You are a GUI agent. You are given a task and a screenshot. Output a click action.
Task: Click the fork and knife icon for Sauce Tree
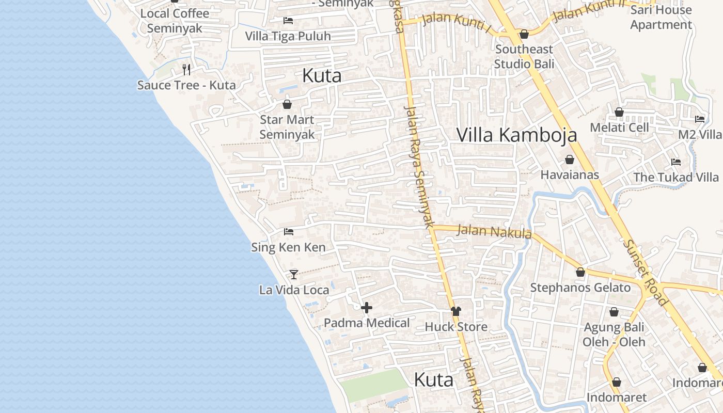[x=186, y=69]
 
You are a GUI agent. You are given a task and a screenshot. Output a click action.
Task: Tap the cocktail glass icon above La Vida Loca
[x=293, y=274]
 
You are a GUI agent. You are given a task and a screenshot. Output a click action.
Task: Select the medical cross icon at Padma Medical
[x=367, y=308]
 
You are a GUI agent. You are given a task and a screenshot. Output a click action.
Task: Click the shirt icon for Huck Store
[x=455, y=311]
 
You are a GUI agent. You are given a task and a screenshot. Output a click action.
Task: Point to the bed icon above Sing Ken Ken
[x=288, y=232]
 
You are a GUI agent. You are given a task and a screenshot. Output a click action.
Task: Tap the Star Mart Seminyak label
[x=287, y=127]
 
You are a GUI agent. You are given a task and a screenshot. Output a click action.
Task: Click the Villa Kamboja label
[x=517, y=135]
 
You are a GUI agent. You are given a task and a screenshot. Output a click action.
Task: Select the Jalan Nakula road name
[x=494, y=231]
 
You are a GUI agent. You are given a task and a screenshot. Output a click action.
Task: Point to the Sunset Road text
[x=646, y=273]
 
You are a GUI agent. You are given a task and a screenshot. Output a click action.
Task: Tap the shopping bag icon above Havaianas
[x=569, y=160]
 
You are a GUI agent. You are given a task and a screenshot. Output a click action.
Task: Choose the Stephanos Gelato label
[x=580, y=288]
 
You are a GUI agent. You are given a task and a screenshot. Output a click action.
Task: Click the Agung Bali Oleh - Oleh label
[x=614, y=335]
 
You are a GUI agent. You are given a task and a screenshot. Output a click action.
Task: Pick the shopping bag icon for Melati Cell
[x=619, y=112]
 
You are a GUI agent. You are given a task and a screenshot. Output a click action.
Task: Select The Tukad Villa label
[x=676, y=177]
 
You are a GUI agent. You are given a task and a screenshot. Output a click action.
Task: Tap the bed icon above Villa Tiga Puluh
[x=288, y=21]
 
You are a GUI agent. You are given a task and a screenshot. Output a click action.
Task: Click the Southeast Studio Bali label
[x=524, y=56]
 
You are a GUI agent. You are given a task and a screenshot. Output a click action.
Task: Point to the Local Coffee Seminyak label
[x=175, y=21]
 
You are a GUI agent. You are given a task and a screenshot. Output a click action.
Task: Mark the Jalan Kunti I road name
[x=457, y=21]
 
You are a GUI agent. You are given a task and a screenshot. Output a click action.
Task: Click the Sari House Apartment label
[x=661, y=17]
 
